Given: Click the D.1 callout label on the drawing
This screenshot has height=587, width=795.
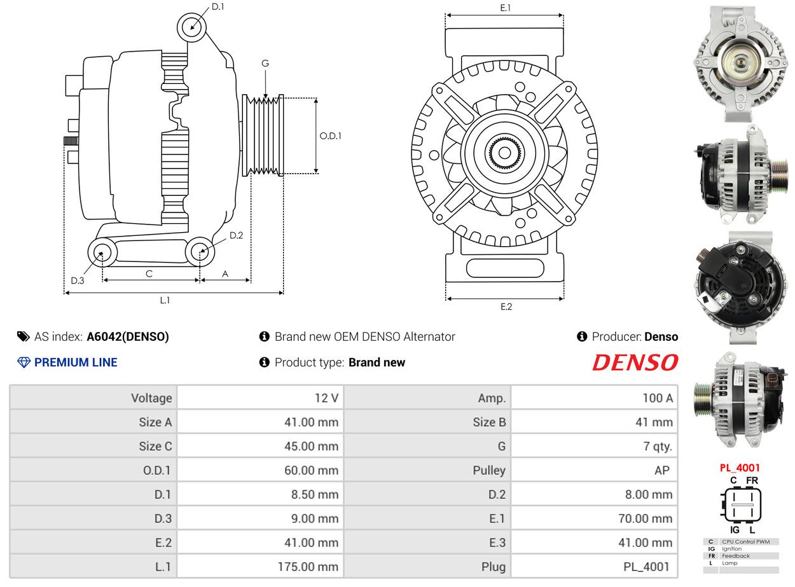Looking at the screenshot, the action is (218, 6).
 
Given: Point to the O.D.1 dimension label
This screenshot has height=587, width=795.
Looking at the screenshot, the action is (330, 136).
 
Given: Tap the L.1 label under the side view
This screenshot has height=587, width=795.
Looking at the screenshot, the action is (165, 300).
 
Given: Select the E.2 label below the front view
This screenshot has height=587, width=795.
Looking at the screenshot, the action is (506, 307).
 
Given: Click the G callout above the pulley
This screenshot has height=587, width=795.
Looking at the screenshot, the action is (265, 64).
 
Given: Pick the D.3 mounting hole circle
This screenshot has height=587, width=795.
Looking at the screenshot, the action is (102, 252).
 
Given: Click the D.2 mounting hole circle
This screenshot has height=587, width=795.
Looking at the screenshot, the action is (200, 251).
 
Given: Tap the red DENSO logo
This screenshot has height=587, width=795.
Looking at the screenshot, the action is (635, 362).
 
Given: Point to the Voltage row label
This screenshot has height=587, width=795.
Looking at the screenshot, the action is (151, 398).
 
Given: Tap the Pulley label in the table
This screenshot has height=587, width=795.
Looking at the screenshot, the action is (489, 471).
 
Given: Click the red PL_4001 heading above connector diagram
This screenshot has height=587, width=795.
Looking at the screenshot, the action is (740, 467).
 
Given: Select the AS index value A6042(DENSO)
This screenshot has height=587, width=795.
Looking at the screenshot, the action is (128, 336).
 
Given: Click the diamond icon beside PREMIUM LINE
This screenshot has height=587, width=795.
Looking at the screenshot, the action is (24, 363).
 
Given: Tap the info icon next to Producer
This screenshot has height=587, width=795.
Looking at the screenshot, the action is (582, 336).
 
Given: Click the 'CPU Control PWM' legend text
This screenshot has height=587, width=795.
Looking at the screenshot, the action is (745, 542).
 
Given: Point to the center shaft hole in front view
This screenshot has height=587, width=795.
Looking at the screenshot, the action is (505, 153).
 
